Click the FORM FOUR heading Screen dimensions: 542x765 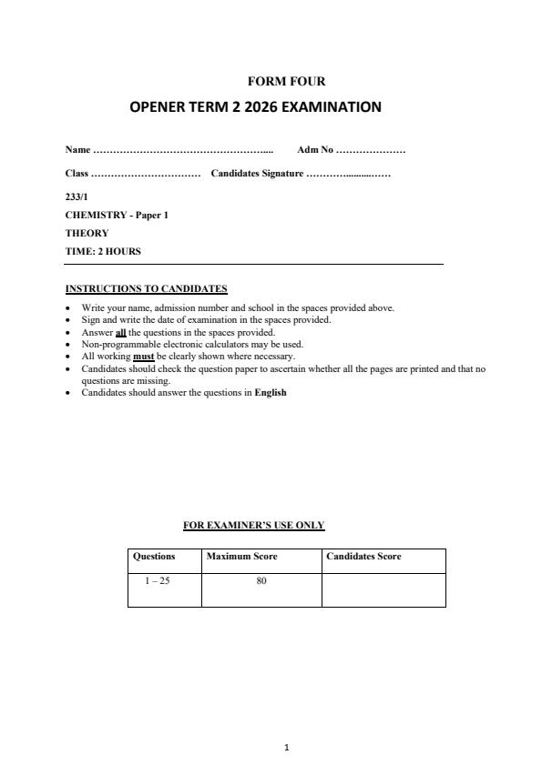tap(286, 81)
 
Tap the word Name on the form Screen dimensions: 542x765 tap(77, 149)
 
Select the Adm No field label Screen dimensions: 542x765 tap(315, 149)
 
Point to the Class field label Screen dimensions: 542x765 tap(77, 173)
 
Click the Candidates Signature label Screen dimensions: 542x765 tap(257, 173)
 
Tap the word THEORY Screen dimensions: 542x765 tap(87, 233)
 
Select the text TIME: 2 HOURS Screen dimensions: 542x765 tap(103, 251)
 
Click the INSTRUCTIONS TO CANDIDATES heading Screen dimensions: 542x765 tap(146, 289)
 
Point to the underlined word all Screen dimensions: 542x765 tap(120, 332)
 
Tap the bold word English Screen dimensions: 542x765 tap(271, 393)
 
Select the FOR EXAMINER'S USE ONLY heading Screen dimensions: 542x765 tap(254, 525)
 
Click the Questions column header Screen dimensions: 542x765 tap(154, 557)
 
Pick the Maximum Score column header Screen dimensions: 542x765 tap(241, 557)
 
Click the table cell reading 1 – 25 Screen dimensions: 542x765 tap(158, 580)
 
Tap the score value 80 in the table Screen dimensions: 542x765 tap(261, 580)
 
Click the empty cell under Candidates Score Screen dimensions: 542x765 tap(383, 589)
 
